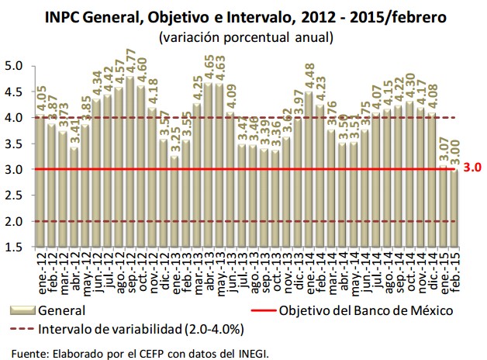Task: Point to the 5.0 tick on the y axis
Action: tap(15, 66)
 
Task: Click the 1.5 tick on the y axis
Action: tap(15, 247)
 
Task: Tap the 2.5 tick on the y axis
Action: tap(15, 196)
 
